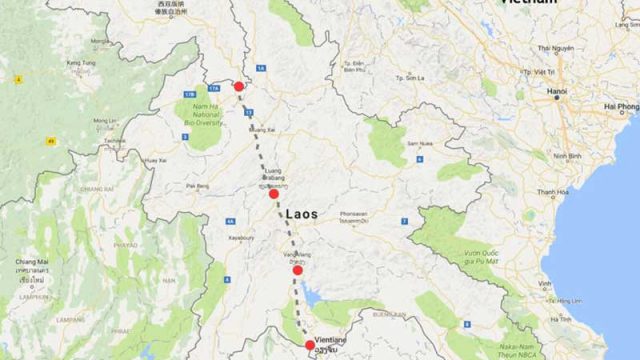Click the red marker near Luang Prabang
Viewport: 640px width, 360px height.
click(x=274, y=193)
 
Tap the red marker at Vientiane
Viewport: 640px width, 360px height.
click(x=310, y=346)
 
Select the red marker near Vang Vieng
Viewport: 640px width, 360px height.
click(x=297, y=270)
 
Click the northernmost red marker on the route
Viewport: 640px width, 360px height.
click(x=239, y=87)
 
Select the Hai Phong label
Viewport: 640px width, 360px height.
click(x=621, y=106)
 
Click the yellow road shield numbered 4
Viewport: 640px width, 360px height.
click(x=17, y=77)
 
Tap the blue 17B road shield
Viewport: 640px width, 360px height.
click(x=188, y=93)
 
